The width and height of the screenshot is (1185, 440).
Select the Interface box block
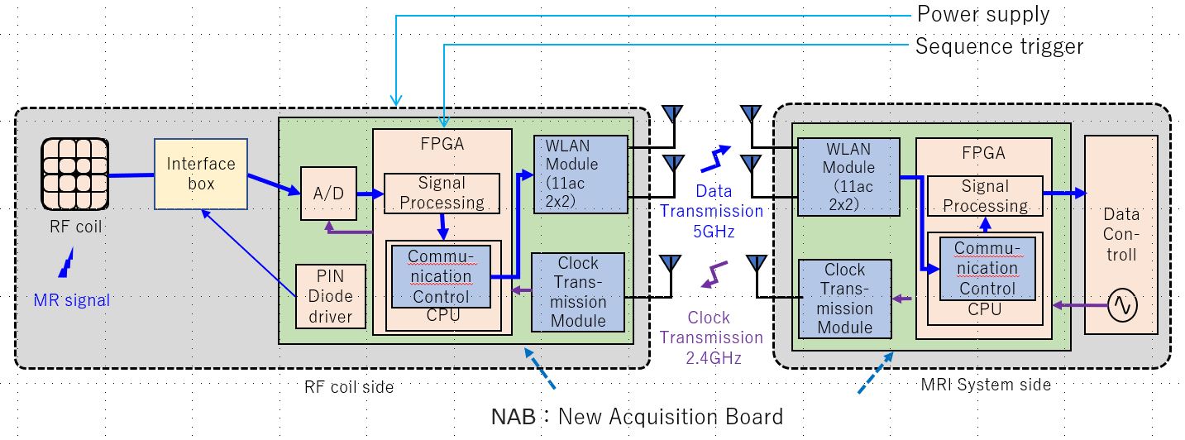click(201, 174)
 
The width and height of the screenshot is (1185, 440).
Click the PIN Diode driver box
click(331, 296)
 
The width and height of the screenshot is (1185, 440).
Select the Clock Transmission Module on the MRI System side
click(844, 299)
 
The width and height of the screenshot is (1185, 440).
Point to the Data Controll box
click(1121, 234)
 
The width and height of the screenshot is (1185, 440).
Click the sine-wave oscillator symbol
click(1122, 306)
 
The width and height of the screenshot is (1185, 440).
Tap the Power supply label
click(982, 14)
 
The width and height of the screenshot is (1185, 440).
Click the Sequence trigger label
click(999, 45)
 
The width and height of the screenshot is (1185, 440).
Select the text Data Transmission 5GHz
click(712, 211)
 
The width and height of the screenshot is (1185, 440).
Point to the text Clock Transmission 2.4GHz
click(711, 337)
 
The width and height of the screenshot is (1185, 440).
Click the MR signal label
click(72, 300)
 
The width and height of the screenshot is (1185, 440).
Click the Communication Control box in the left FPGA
click(440, 275)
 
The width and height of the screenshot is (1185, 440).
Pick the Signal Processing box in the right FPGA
click(985, 195)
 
